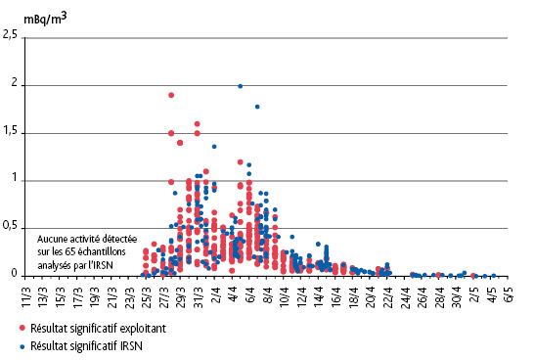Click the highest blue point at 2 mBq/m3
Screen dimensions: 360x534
(240, 85)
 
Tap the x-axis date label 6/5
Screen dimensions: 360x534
(509, 293)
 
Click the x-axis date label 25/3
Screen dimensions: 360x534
(147, 293)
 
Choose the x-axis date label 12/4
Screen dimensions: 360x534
(302, 293)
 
